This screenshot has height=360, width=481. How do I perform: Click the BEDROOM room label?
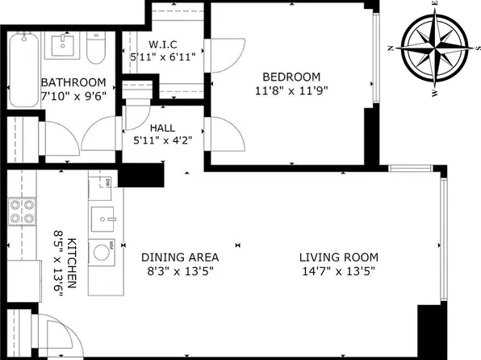(x=291, y=77)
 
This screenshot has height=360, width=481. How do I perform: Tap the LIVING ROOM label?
(x=339, y=257)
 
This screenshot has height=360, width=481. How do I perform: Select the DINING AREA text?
(x=180, y=257)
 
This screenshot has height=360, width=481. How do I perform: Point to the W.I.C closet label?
(x=163, y=45)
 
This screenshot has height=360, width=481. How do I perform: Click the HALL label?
(x=162, y=128)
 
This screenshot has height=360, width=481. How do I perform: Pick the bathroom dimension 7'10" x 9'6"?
(x=73, y=96)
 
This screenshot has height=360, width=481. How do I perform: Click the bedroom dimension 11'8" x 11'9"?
(x=291, y=91)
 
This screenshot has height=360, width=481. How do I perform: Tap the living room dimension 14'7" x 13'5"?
(x=339, y=271)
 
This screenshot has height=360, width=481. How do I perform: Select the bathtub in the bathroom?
(x=24, y=70)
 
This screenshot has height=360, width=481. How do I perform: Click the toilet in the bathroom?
(x=96, y=48)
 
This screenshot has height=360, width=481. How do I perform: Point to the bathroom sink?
(x=63, y=45)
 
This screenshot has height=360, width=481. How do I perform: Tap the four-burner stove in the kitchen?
(x=22, y=211)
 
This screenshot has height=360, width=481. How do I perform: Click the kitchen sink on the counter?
(x=102, y=220)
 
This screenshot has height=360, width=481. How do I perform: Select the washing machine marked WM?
(x=102, y=253)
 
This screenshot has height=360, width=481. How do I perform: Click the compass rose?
(x=435, y=49)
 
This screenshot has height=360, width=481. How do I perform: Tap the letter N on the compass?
(x=391, y=48)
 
